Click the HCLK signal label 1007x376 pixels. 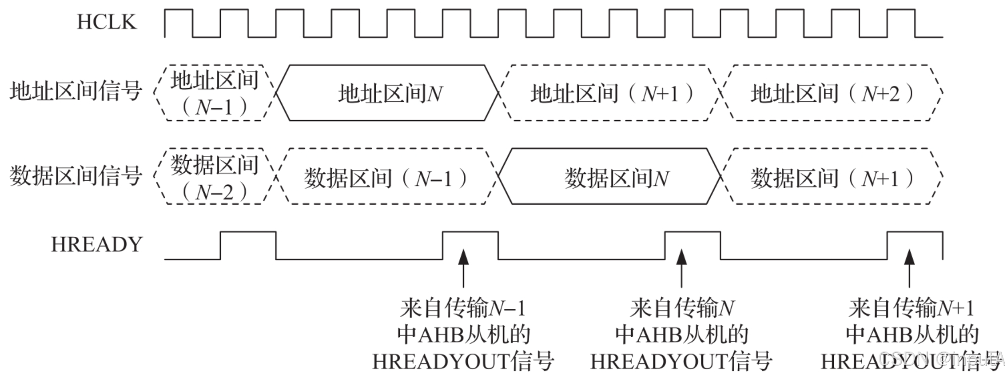[106, 22]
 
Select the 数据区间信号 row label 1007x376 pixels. [76, 176]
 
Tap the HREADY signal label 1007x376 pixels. [97, 245]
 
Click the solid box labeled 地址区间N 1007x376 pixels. [387, 93]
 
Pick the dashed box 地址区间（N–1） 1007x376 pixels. [215, 93]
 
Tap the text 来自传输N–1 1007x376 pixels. [463, 308]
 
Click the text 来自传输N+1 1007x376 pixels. [911, 308]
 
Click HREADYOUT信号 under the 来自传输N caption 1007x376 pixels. [681, 361]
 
